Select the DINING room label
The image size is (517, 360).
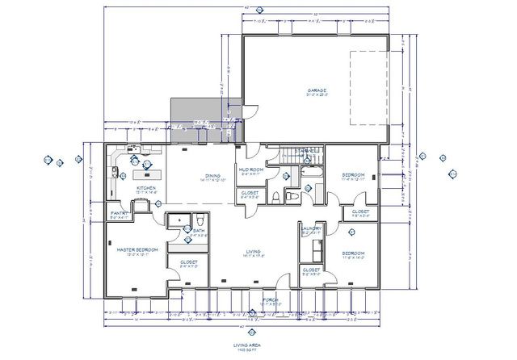tap(213, 175)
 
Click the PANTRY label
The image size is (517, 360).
tap(119, 214)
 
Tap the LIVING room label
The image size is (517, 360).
tap(254, 253)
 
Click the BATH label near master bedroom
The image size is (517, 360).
tap(199, 231)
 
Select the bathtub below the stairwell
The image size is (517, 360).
tap(310, 172)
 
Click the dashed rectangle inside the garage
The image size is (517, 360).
tap(368, 87)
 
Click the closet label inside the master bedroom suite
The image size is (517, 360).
tap(190, 262)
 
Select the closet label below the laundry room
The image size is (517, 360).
tap(312, 270)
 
